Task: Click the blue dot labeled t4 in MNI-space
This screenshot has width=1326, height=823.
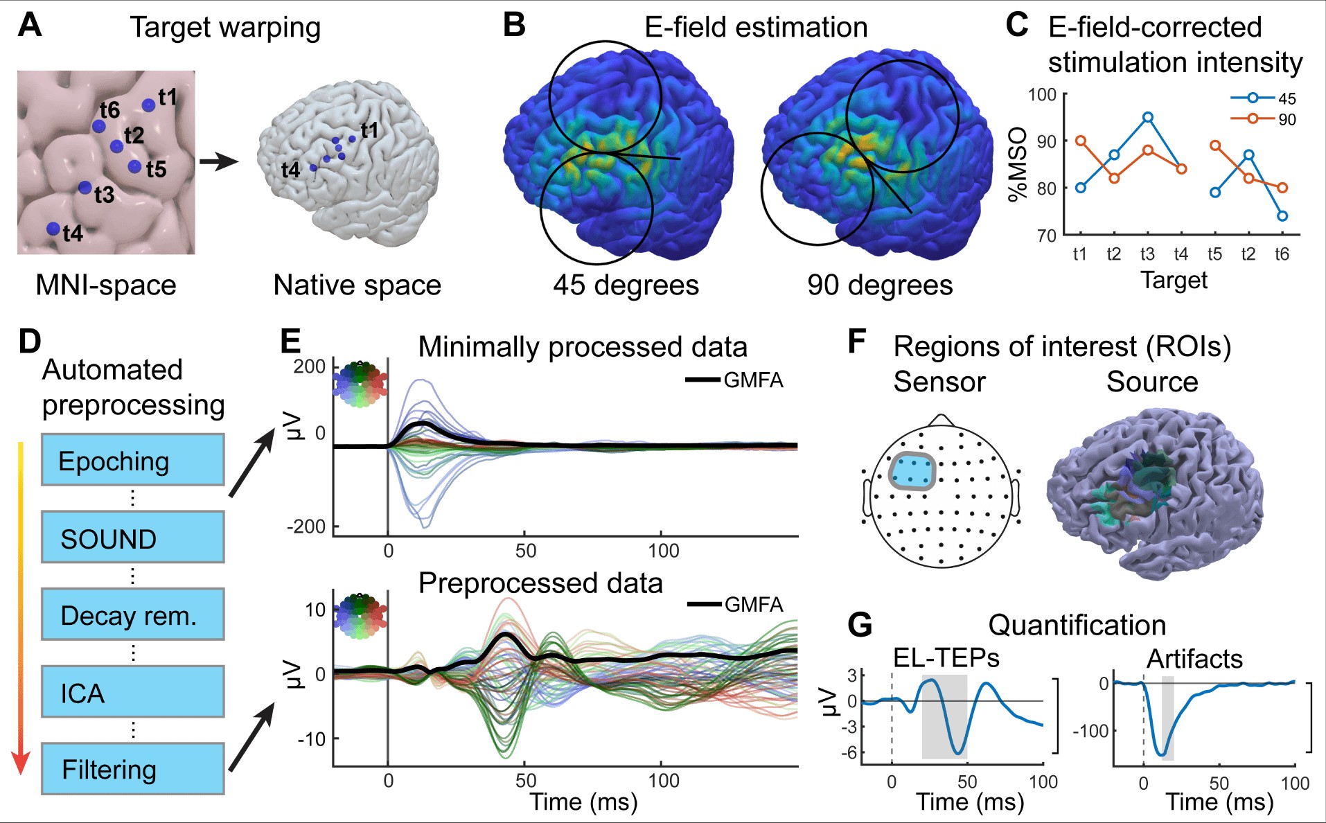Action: click(53, 229)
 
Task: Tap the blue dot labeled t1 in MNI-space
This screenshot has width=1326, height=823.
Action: click(148, 105)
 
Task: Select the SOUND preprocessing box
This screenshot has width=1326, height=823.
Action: click(132, 538)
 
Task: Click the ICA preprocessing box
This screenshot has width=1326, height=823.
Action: click(132, 691)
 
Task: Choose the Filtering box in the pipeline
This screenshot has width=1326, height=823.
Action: click(132, 768)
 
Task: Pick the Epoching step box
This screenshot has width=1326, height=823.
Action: click(132, 460)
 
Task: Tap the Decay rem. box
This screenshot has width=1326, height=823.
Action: click(132, 614)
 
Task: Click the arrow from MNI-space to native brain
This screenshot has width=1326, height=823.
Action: click(218, 162)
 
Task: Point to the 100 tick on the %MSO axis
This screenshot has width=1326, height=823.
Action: click(1042, 94)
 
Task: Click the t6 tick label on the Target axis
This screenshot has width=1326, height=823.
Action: click(1282, 254)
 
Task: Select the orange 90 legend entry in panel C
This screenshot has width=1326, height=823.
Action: click(1262, 119)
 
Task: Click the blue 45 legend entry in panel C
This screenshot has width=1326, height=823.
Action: click(1262, 98)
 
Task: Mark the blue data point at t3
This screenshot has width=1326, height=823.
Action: click(1148, 117)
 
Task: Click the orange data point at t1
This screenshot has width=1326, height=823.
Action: click(1081, 141)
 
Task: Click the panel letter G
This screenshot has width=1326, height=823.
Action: click(860, 626)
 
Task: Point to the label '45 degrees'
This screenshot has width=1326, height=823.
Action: click(626, 285)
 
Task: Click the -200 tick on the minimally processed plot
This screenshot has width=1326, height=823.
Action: click(306, 527)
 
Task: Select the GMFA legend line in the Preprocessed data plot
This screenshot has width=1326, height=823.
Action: click(705, 604)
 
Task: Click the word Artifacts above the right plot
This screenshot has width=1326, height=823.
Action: click(1194, 658)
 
